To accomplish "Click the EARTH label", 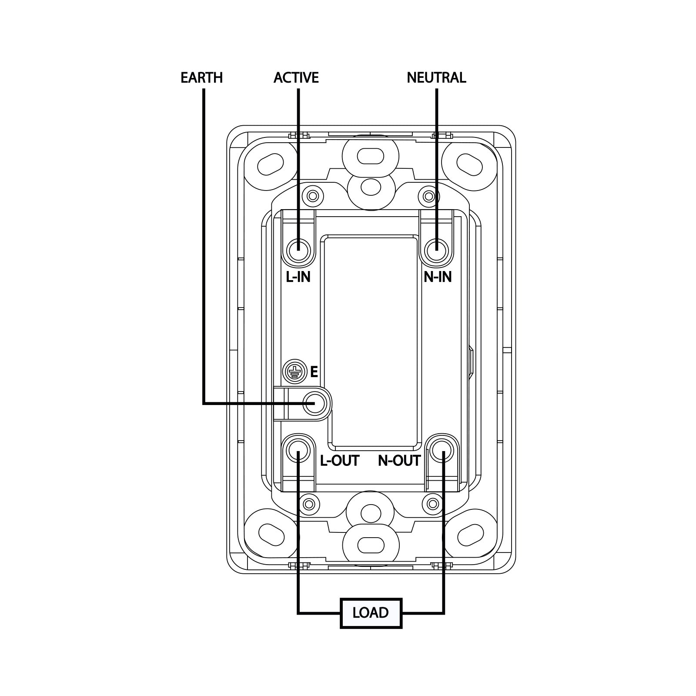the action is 201,78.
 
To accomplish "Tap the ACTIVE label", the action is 296,78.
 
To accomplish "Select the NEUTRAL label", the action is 436,78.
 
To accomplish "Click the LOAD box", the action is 371,613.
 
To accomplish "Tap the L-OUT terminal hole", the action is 298,451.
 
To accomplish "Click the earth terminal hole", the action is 315,403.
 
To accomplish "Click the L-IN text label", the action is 298,277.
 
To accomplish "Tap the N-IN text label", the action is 438,277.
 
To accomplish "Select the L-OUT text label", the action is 340,461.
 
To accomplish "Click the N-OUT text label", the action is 399,461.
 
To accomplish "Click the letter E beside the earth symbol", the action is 314,372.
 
